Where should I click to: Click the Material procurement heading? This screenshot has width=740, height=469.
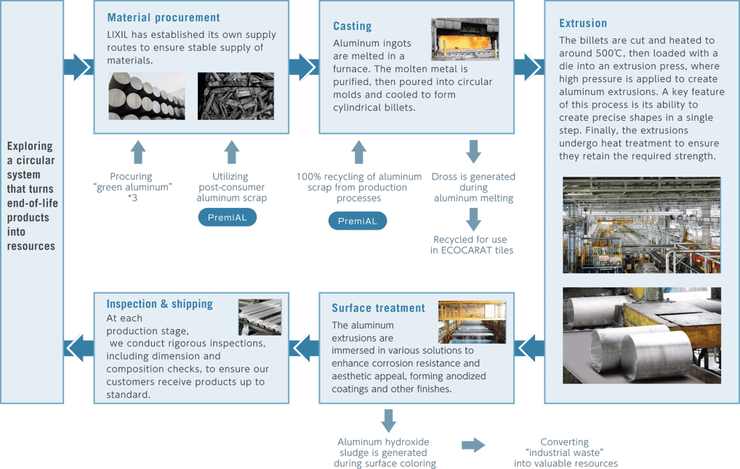[x=164, y=17]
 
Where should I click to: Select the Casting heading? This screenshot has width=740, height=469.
[x=353, y=26]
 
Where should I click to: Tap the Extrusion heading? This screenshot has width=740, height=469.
[x=583, y=23]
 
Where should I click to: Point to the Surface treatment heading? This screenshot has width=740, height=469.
[x=378, y=308]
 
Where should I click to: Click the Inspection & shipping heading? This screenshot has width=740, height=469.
[x=160, y=304]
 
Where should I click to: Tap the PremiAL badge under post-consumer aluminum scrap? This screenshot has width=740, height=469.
[x=228, y=218]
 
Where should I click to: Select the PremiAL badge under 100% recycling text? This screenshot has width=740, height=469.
[x=357, y=221]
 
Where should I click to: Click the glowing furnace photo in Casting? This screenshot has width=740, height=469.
[x=465, y=39]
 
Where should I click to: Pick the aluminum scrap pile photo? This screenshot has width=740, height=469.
[x=236, y=95]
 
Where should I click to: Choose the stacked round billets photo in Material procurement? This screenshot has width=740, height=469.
[x=147, y=95]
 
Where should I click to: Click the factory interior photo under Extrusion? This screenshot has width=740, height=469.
[x=641, y=225]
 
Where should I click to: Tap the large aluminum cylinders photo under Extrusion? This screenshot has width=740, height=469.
[x=641, y=334]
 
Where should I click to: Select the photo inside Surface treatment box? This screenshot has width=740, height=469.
[x=472, y=322]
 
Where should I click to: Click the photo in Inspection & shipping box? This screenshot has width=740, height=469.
[x=260, y=317]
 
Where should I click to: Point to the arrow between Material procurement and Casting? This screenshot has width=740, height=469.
[x=304, y=67]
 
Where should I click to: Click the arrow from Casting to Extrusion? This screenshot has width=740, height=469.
[x=529, y=67]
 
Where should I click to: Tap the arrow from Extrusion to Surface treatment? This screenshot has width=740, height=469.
[x=529, y=350]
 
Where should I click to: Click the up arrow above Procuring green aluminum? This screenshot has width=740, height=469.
[x=138, y=153]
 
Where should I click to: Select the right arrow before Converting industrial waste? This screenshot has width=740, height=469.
[x=473, y=444]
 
